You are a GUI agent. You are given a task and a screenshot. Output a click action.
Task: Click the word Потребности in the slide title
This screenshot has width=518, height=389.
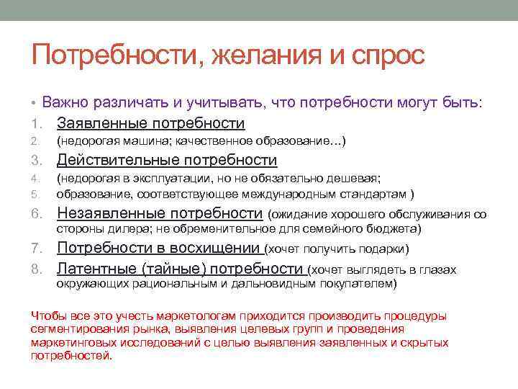(x=115, y=55)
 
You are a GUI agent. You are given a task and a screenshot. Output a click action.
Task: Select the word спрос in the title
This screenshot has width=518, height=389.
(x=383, y=55)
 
